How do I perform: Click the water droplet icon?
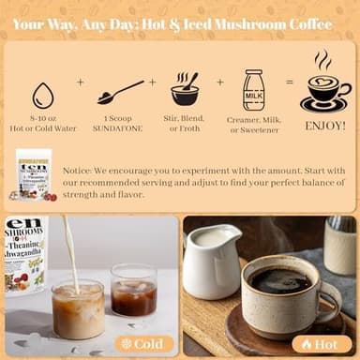click(43, 96)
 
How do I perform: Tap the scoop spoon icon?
click(120, 92)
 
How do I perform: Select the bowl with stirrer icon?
click(185, 91)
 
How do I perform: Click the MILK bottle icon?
click(253, 90)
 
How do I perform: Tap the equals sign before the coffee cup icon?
click(289, 82)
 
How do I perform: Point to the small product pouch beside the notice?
click(35, 173)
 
